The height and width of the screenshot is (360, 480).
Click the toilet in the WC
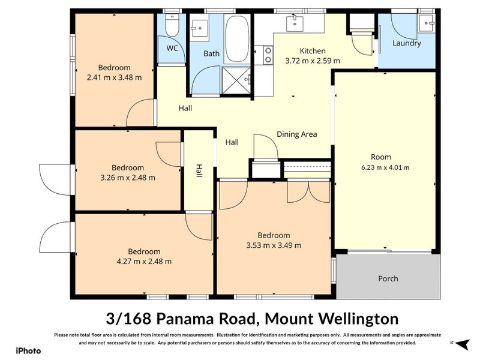tap(172, 25)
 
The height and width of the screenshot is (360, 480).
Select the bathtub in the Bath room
tap(237, 39)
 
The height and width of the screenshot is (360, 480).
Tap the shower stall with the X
tap(236, 80)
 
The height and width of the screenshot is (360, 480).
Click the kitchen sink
tap(295, 24)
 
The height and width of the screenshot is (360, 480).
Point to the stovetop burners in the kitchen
tap(268, 55)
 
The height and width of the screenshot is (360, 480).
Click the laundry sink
tap(427, 23)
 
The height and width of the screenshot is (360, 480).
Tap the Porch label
tap(388, 278)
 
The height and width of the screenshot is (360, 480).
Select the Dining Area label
tap(296, 134)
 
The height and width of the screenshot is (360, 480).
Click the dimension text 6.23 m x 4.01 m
tap(385, 167)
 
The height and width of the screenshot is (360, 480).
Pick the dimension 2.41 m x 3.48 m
tap(114, 77)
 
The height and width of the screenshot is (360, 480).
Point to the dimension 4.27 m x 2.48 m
tap(144, 262)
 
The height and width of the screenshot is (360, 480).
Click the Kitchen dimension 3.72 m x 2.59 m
tap(313, 61)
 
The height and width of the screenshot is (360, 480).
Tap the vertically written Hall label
tap(199, 171)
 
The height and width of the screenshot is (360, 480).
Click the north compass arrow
tap(462, 344)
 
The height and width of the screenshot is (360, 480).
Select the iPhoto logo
tap(28, 351)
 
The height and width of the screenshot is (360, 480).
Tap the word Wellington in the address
tap(358, 319)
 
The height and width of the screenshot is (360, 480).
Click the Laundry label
tap(407, 43)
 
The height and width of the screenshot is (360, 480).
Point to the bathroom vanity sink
tap(199, 28)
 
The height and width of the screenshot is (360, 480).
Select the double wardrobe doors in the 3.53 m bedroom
tap(308, 191)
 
